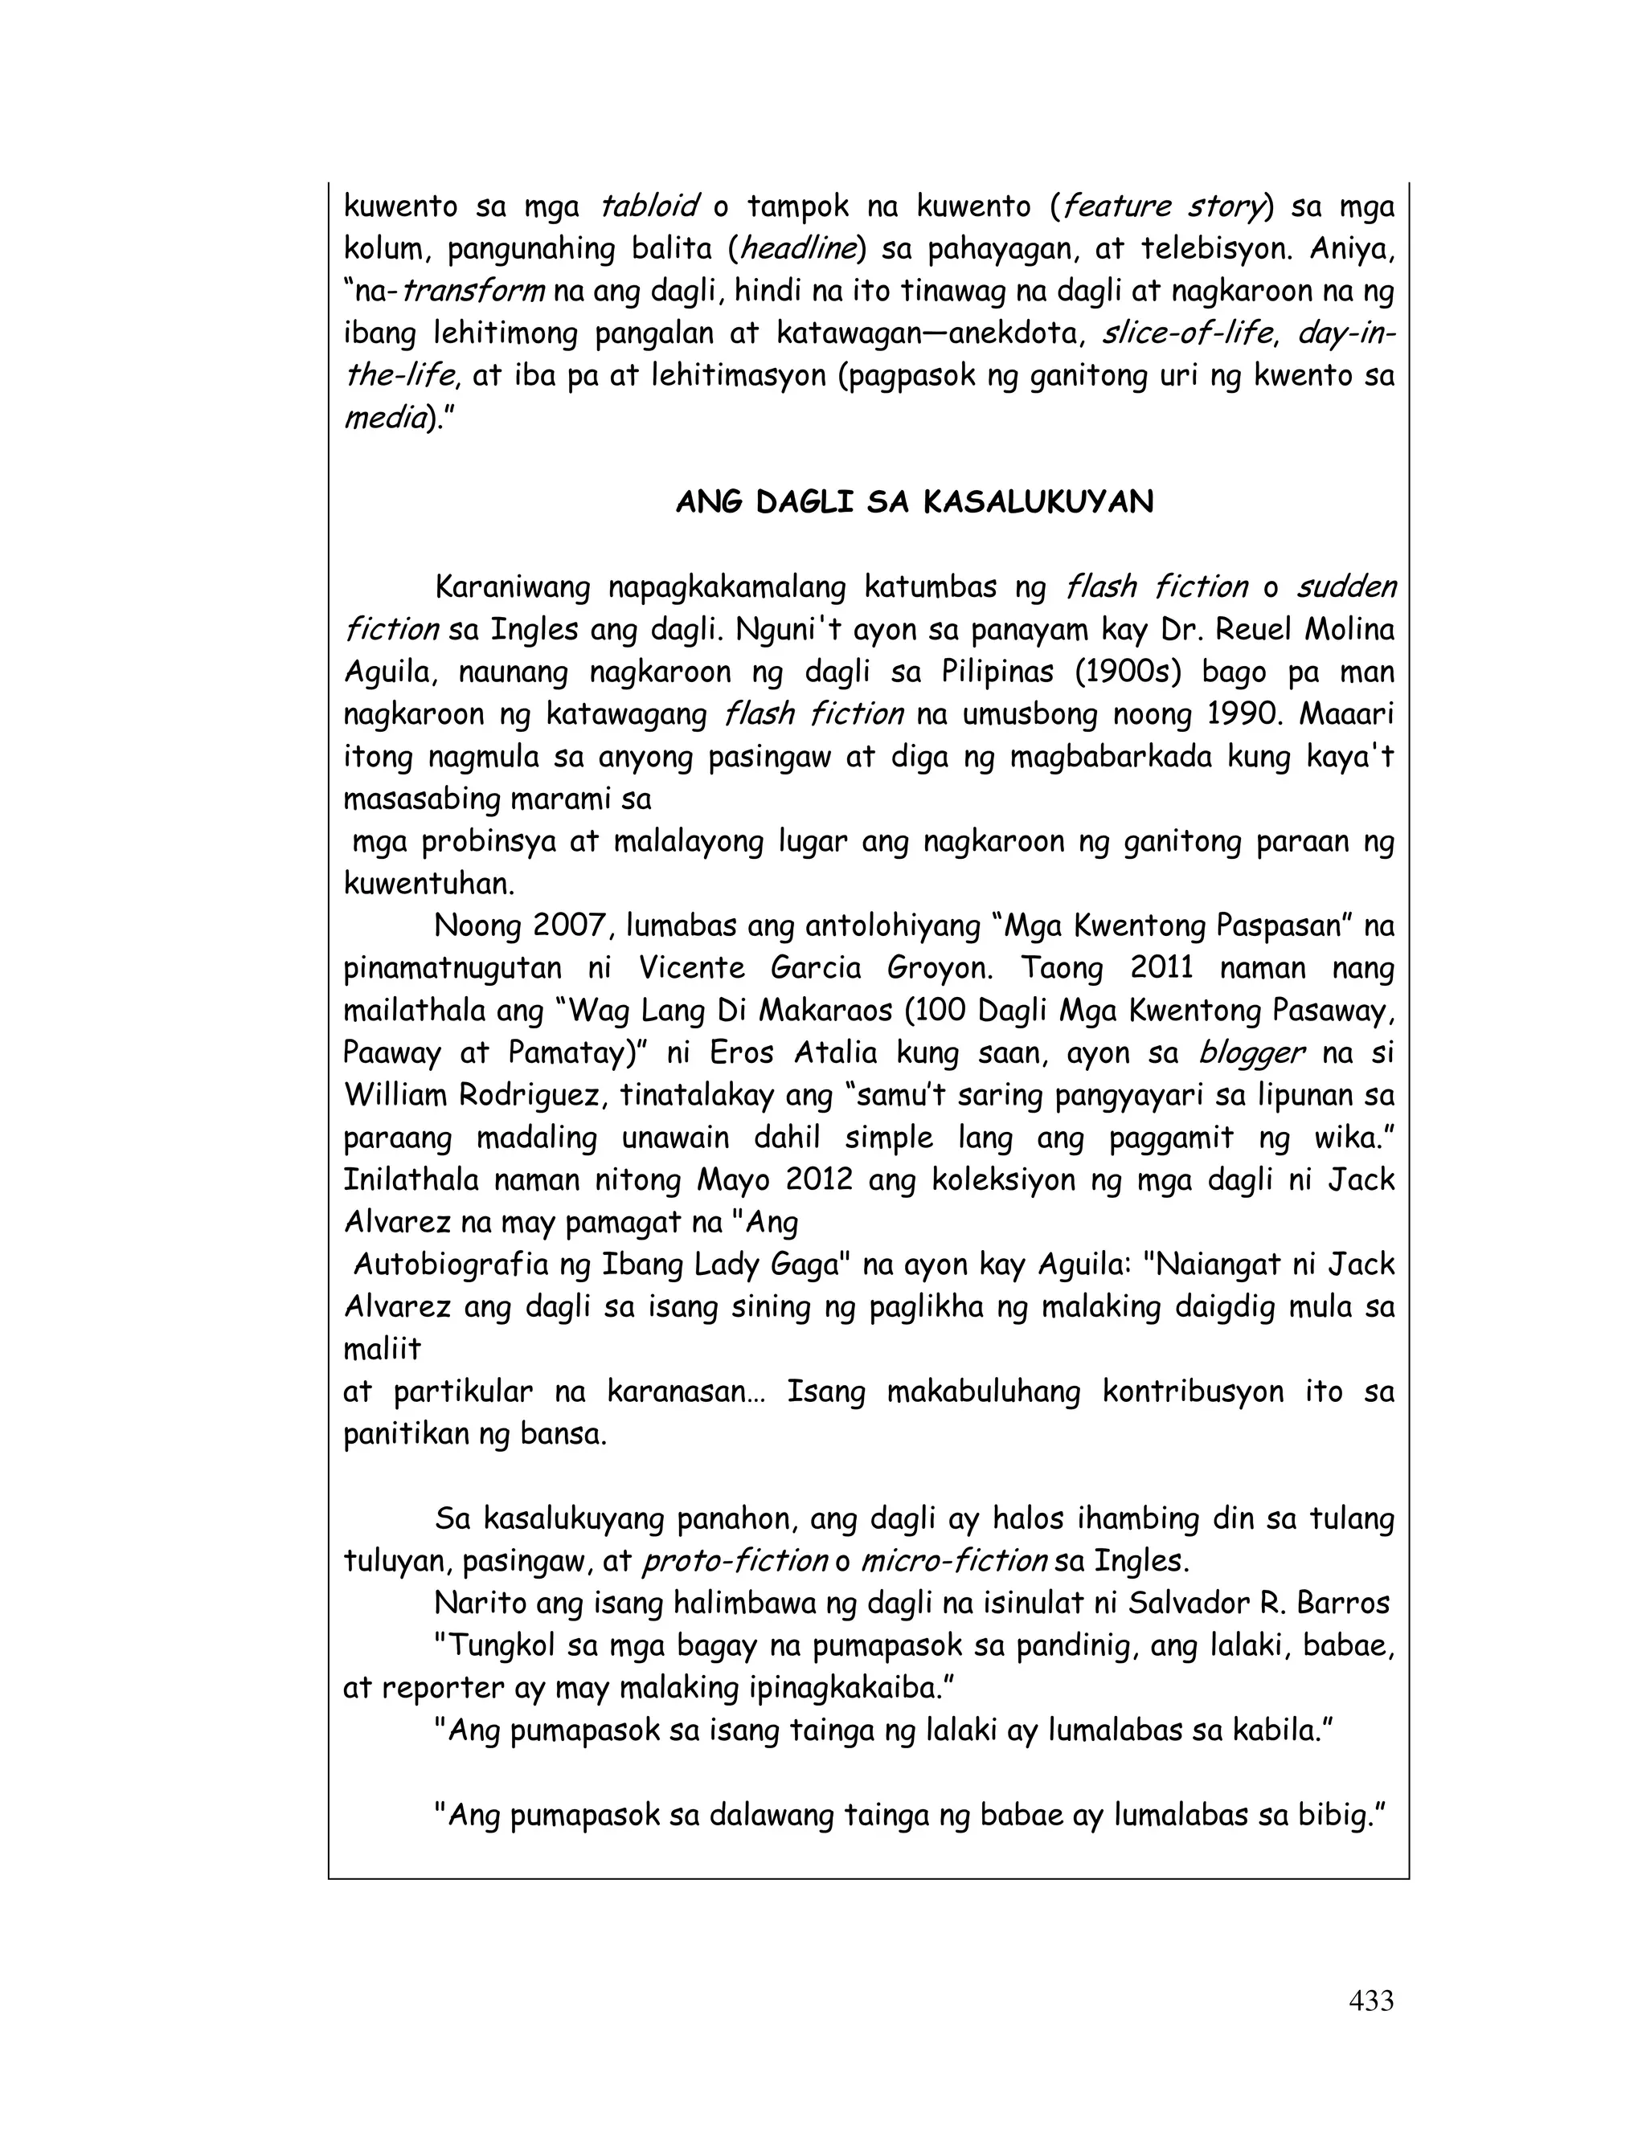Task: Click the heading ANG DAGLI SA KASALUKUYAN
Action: coord(914,502)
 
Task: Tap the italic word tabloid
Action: coord(649,206)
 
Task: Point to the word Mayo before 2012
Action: coord(735,1180)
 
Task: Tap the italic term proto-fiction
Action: coord(735,1562)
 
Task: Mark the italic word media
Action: coord(384,419)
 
